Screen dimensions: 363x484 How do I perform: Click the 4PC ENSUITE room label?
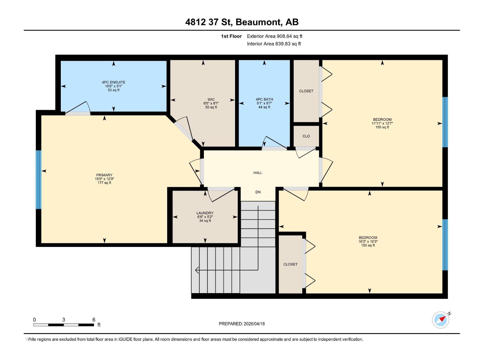(x=113, y=82)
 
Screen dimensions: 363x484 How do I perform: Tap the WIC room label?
(x=211, y=100)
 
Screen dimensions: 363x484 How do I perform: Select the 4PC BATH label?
(x=264, y=99)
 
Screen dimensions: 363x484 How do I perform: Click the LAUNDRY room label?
(x=205, y=213)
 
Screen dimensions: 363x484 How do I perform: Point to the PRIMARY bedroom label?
(x=104, y=175)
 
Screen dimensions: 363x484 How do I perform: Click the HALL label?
(x=258, y=173)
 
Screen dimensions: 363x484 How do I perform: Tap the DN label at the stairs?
(x=258, y=192)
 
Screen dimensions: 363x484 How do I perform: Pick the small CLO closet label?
(x=306, y=136)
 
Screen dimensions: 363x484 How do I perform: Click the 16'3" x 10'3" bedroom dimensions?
(x=368, y=241)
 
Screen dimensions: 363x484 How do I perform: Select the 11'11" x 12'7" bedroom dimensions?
(x=382, y=123)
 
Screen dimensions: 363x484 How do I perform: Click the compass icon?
(x=440, y=320)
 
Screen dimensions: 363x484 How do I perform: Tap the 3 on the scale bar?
(x=64, y=320)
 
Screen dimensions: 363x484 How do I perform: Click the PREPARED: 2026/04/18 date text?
(x=242, y=324)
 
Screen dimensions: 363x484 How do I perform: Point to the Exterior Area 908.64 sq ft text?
(x=274, y=36)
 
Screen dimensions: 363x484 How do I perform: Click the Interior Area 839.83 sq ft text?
(x=274, y=44)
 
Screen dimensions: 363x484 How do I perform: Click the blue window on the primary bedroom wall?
(x=38, y=180)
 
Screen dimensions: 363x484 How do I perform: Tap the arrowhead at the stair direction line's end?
(x=197, y=270)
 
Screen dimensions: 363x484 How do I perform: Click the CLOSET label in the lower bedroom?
(x=290, y=264)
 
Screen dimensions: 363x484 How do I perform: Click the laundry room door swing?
(x=222, y=195)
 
